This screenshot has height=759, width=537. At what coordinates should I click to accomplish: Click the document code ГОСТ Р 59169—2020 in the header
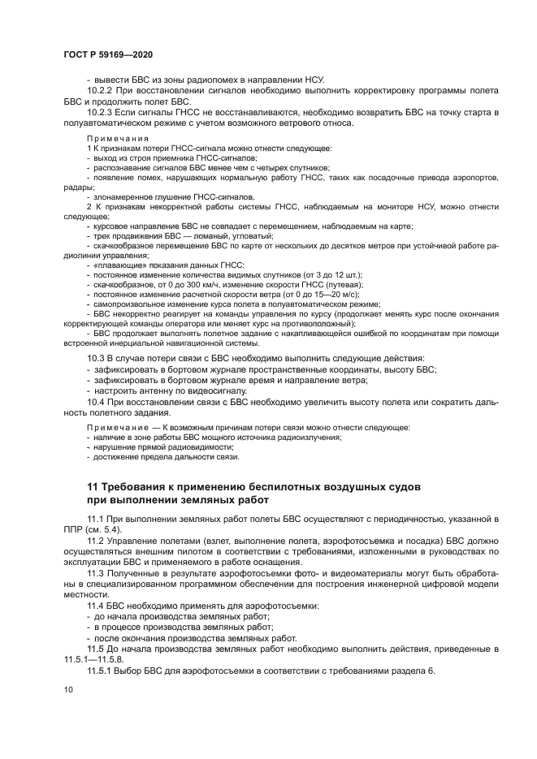(108, 54)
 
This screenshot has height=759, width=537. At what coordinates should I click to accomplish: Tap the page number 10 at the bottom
(68, 689)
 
